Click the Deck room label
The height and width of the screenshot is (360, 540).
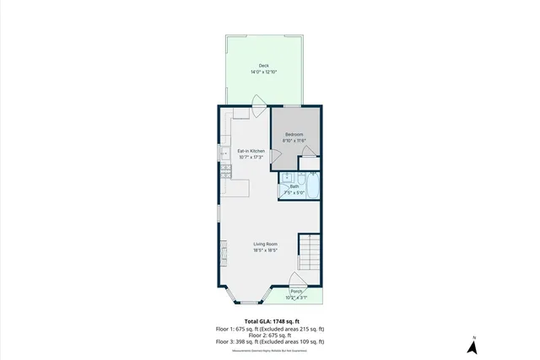[263, 65]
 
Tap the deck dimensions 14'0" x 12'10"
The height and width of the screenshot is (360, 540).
[263, 73]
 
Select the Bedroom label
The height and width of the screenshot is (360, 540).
[294, 135]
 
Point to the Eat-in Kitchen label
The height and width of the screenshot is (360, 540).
[251, 151]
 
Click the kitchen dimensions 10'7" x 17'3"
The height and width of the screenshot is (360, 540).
[251, 158]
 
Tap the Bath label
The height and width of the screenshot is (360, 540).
[294, 186]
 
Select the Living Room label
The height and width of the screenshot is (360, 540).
[266, 244]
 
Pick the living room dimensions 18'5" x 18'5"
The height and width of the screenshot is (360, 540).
[266, 250]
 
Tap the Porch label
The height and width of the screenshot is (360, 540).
[296, 292]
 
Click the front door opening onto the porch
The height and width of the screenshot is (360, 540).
[296, 281]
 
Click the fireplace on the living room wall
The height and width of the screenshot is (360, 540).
[224, 252]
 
